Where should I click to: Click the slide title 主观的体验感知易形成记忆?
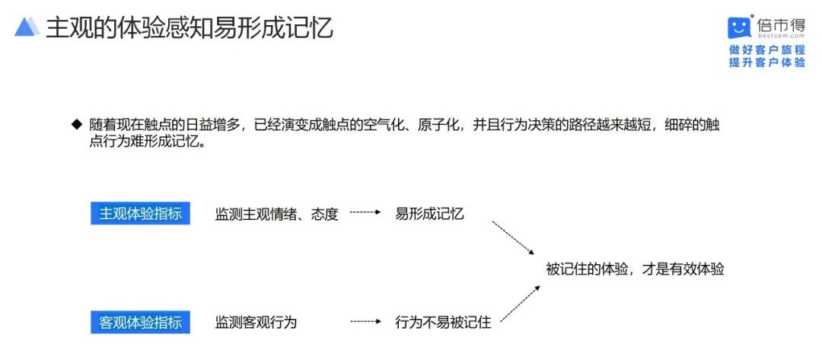[190, 27]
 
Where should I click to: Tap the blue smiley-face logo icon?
[740, 27]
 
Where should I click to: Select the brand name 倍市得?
[781, 24]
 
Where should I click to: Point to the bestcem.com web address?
[781, 37]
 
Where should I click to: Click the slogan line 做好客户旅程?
[767, 50]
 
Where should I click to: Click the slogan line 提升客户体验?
[767, 62]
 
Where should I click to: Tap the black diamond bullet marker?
[77, 125]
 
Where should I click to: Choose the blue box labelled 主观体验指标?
[141, 215]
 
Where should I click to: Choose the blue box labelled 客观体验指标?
[141, 322]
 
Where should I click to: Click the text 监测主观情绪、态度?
[277, 215]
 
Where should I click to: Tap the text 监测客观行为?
[256, 322]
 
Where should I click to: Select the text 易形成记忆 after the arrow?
[429, 214]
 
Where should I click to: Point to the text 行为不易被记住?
[443, 322]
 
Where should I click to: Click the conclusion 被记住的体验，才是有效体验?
[635, 269]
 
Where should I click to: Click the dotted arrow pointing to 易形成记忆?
[365, 213]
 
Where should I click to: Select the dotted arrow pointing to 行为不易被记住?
[365, 321]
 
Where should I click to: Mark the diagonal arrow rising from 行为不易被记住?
[520, 304]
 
